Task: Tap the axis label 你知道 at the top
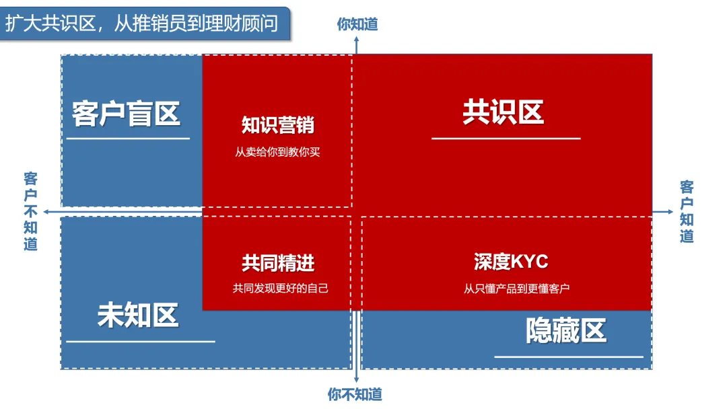pyautogui.click(x=357, y=24)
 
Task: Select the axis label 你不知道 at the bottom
pyautogui.click(x=355, y=394)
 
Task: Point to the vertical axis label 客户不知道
pyautogui.click(x=31, y=211)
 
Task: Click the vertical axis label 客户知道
pyautogui.click(x=687, y=211)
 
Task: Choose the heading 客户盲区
pyautogui.click(x=127, y=114)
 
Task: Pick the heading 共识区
pyautogui.click(x=504, y=112)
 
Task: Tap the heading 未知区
pyautogui.click(x=138, y=315)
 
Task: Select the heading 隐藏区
pyautogui.click(x=566, y=330)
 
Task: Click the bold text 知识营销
pyautogui.click(x=278, y=125)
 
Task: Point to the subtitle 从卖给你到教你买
pyautogui.click(x=278, y=152)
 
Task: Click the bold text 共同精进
pyautogui.click(x=278, y=263)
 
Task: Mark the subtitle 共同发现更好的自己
pyautogui.click(x=281, y=289)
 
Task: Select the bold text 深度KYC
pyautogui.click(x=511, y=261)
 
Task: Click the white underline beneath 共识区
pyautogui.click(x=506, y=139)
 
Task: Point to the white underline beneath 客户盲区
pyautogui.click(x=128, y=139)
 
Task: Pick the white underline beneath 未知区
pyautogui.click(x=140, y=341)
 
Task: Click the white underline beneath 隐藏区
pyautogui.click(x=569, y=357)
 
